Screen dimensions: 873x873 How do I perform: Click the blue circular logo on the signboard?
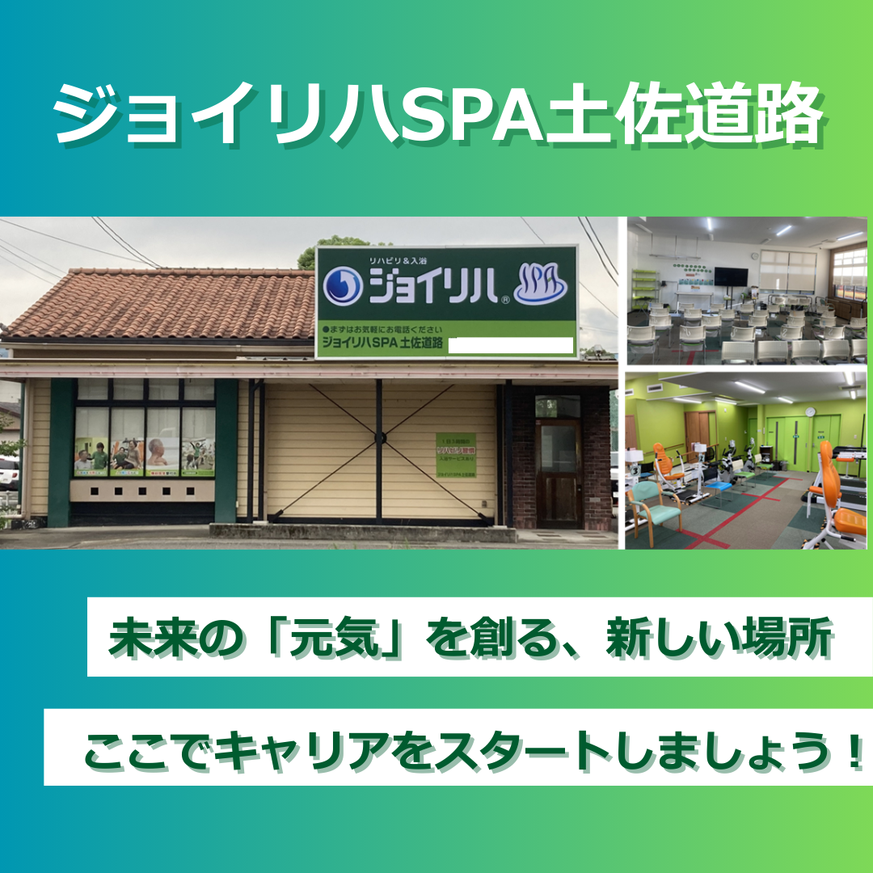coord(342,287)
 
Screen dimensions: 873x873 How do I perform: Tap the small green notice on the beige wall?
coord(455,455)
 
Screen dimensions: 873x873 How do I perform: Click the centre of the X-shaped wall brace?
coord(377,438)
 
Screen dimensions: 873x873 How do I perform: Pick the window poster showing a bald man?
coord(162,458)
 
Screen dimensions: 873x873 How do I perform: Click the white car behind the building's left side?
coord(8,473)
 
